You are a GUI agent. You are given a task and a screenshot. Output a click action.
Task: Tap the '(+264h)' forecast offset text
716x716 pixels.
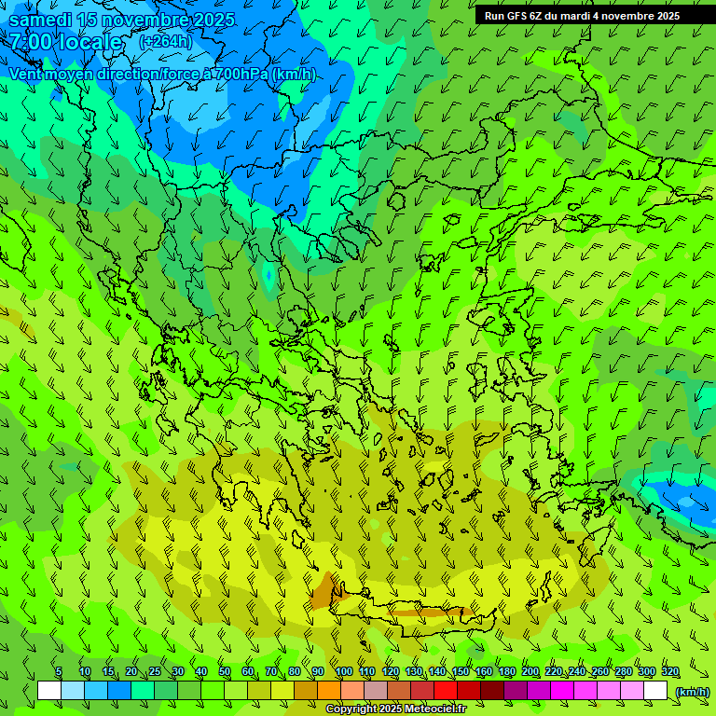[165, 42]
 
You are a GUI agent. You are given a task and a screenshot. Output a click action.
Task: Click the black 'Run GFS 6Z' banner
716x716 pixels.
[582, 15]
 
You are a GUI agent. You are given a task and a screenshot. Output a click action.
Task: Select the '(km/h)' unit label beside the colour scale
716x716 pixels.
[691, 692]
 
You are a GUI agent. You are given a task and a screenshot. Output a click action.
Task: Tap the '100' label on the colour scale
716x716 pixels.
[343, 672]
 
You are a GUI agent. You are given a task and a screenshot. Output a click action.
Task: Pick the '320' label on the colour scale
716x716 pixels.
[669, 672]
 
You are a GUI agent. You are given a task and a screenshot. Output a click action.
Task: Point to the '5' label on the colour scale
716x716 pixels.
[59, 672]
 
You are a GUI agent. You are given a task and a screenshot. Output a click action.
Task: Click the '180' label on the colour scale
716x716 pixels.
[506, 672]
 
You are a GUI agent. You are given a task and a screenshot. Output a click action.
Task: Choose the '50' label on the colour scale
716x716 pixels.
[225, 672]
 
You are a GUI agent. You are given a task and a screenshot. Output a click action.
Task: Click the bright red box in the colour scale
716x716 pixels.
[446, 691]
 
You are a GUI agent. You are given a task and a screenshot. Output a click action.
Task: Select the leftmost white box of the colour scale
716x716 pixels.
[49, 691]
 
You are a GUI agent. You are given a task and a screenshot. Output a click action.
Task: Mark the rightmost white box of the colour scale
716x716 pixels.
[655, 691]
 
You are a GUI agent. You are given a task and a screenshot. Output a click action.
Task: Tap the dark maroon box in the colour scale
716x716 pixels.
[492, 691]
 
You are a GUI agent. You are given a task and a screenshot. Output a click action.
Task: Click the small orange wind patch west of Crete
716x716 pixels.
[324, 591]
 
